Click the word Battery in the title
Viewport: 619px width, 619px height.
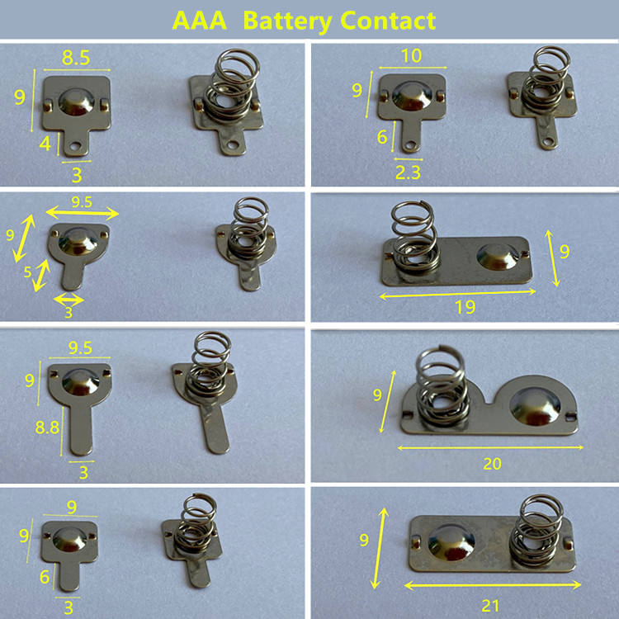287,21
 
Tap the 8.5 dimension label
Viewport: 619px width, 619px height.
76,58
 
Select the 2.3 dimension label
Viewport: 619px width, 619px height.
408,172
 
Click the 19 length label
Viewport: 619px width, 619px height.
465,307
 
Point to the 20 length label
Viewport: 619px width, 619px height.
492,464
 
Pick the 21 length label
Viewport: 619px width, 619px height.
490,606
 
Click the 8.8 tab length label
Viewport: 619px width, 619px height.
47,428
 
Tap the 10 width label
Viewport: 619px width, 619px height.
411,55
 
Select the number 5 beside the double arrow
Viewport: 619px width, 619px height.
27,272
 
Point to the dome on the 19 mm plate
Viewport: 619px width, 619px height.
498,257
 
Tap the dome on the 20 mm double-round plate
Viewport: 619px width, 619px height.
535,407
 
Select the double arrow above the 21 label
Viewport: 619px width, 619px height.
493,585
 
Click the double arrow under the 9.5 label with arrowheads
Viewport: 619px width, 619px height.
82,214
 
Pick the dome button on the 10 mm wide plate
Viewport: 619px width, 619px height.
411,96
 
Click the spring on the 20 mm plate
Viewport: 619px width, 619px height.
443,386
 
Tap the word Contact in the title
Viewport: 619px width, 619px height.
388,21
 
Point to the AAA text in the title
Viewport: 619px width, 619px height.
200,21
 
